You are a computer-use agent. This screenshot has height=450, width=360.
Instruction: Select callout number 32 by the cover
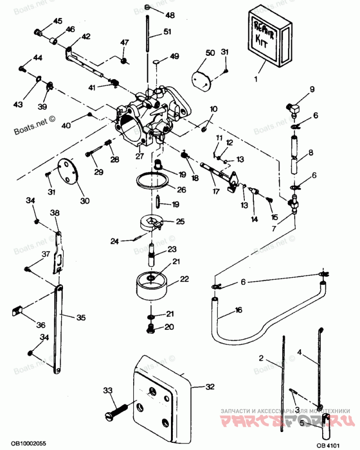click(x=210, y=387)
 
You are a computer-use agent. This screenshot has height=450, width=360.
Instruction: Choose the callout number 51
click(x=167, y=31)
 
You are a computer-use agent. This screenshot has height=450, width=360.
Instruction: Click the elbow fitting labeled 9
click(x=293, y=108)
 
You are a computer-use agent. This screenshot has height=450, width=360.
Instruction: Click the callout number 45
click(x=58, y=21)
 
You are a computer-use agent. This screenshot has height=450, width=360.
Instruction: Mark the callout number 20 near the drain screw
click(x=169, y=327)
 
